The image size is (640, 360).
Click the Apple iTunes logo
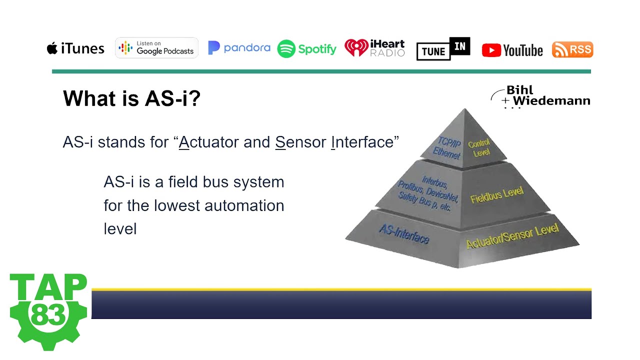(75, 48)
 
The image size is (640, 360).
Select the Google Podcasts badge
(156, 48)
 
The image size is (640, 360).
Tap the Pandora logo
(239, 48)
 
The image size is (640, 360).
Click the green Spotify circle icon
(286, 49)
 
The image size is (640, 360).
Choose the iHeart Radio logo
(374, 48)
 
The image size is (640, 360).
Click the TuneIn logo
(443, 49)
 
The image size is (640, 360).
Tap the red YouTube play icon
(491, 50)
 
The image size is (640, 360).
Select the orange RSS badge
(572, 49)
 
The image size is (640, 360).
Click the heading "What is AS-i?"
(131, 98)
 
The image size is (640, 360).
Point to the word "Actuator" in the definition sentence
(209, 142)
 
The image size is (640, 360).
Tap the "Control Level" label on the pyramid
(480, 148)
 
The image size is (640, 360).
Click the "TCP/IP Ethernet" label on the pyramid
(448, 147)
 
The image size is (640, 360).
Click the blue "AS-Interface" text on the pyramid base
(404, 234)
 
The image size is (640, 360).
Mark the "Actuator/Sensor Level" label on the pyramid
(512, 236)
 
